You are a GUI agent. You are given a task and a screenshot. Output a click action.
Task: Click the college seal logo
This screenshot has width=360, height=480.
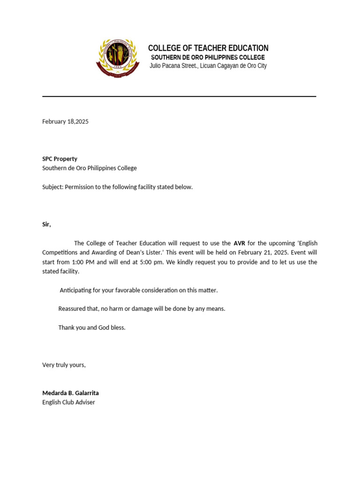click(x=118, y=58)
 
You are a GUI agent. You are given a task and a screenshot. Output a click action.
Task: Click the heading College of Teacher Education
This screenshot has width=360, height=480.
click(x=208, y=48)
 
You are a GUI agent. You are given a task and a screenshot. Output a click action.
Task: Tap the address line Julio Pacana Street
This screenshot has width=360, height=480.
click(x=208, y=66)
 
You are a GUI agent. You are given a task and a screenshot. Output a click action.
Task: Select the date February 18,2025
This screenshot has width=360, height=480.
click(x=65, y=121)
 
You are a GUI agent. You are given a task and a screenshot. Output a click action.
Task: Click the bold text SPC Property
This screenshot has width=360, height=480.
click(x=60, y=159)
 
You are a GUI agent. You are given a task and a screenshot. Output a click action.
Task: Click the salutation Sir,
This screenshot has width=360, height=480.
click(x=46, y=225)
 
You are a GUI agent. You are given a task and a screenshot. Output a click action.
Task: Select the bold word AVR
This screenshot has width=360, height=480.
click(x=240, y=243)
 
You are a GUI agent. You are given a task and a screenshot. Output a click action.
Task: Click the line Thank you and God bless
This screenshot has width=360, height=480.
click(x=92, y=328)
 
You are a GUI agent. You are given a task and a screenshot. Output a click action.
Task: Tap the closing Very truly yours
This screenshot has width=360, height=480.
click(x=64, y=365)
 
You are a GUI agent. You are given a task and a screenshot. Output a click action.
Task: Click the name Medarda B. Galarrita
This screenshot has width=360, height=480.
click(x=70, y=393)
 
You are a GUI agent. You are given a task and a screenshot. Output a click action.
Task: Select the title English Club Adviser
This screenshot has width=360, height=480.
click(x=68, y=402)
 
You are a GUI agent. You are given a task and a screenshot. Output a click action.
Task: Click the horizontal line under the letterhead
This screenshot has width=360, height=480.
click(x=179, y=97)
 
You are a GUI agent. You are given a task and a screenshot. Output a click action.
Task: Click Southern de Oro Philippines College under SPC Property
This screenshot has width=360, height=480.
click(x=90, y=168)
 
